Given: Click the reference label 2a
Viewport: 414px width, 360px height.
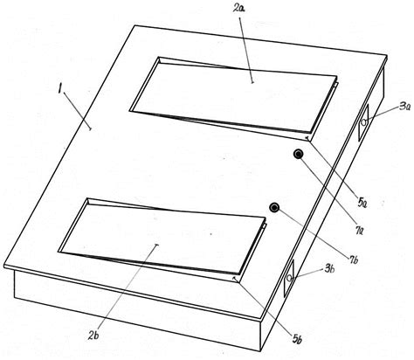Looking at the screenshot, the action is pyautogui.click(x=238, y=9).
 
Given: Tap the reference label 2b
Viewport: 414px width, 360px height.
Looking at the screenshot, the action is pyautogui.click(x=94, y=336).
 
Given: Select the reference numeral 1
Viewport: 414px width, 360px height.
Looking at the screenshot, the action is pyautogui.click(x=59, y=88).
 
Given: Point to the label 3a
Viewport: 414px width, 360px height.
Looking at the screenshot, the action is pyautogui.click(x=404, y=107).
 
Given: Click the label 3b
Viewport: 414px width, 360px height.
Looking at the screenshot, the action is pyautogui.click(x=329, y=269).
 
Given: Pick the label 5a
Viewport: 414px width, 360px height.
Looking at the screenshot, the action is pyautogui.click(x=362, y=203).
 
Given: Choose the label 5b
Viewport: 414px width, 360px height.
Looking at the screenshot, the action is pyautogui.click(x=298, y=338).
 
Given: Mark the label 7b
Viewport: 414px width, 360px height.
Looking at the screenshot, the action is pyautogui.click(x=353, y=260).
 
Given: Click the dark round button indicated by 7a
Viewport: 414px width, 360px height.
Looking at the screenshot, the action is pyautogui.click(x=299, y=155).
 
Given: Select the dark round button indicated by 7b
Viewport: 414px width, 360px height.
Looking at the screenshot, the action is pyautogui.click(x=274, y=208).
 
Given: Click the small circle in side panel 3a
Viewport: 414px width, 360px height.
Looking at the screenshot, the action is pyautogui.click(x=363, y=122).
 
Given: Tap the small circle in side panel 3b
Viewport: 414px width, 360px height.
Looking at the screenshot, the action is pyautogui.click(x=289, y=278).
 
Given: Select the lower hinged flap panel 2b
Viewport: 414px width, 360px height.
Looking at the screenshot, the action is pyautogui.click(x=162, y=236).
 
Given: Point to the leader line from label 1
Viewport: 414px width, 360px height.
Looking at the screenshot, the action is pyautogui.click(x=77, y=111).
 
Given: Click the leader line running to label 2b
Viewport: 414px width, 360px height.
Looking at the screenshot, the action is pyautogui.click(x=128, y=287).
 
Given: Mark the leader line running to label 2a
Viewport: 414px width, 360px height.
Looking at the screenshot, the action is pyautogui.click(x=245, y=50).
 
